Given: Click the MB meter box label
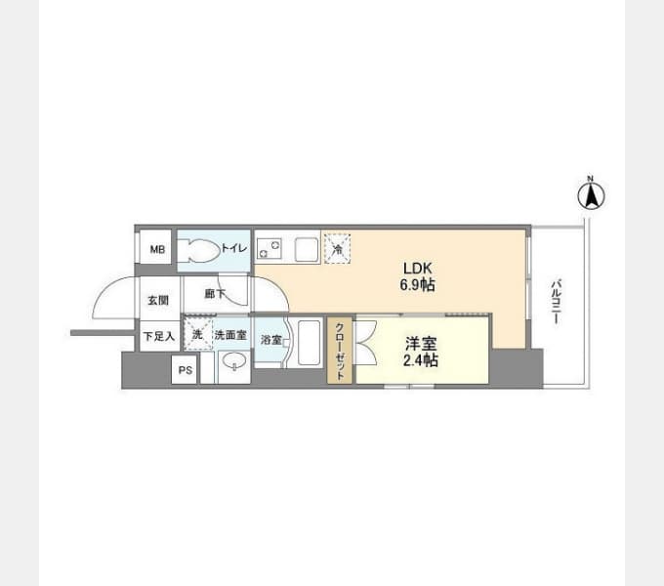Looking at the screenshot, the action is [x=157, y=249].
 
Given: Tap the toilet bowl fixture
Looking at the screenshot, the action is [x=198, y=251].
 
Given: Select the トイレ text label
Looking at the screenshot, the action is [x=234, y=248].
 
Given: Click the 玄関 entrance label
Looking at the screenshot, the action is [x=158, y=300].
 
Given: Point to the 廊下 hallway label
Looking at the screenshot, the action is [x=215, y=293].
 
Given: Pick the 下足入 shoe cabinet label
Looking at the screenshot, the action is [x=159, y=337].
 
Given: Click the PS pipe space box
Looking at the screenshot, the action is [x=186, y=370].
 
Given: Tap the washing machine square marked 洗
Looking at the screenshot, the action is [x=198, y=334].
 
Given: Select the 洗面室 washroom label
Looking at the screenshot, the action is [x=230, y=335].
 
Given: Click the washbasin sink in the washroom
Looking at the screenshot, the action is [x=234, y=363].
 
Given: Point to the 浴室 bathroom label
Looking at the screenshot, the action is [x=271, y=340].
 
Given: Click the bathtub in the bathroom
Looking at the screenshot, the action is [x=309, y=343].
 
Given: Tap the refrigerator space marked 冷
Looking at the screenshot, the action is [x=338, y=249].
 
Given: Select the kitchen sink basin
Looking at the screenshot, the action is [x=307, y=249].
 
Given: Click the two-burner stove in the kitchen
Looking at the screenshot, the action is [x=270, y=248].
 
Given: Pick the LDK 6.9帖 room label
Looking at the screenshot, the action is [x=418, y=277].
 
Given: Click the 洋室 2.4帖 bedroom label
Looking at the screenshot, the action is [x=420, y=352].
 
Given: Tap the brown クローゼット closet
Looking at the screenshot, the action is [x=340, y=351].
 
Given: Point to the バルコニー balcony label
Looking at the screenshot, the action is [x=556, y=302].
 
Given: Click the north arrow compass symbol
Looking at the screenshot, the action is [x=591, y=194].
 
